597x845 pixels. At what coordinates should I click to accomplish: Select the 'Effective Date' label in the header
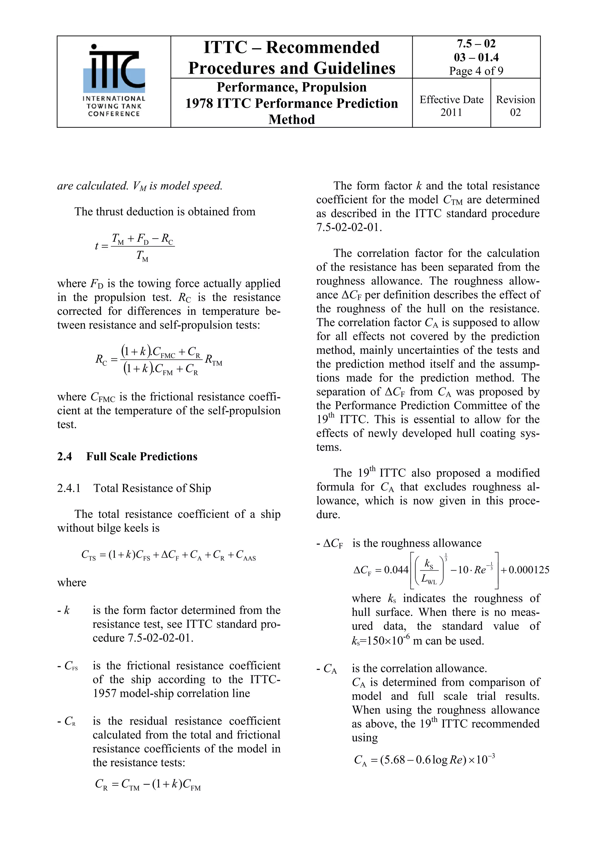click(451, 100)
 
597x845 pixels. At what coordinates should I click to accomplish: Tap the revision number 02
click(515, 112)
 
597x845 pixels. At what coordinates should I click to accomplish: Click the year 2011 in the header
click(451, 112)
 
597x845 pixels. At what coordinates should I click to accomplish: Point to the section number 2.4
click(64, 457)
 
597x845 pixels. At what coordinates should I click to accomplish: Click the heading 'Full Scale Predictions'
click(142, 457)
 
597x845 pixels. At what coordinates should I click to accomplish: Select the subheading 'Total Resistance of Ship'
click(152, 488)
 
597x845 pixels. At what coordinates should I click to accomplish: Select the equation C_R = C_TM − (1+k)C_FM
click(148, 785)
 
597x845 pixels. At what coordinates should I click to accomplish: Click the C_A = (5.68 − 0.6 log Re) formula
click(424, 760)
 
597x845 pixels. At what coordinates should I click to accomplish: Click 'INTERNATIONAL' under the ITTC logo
click(114, 99)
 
